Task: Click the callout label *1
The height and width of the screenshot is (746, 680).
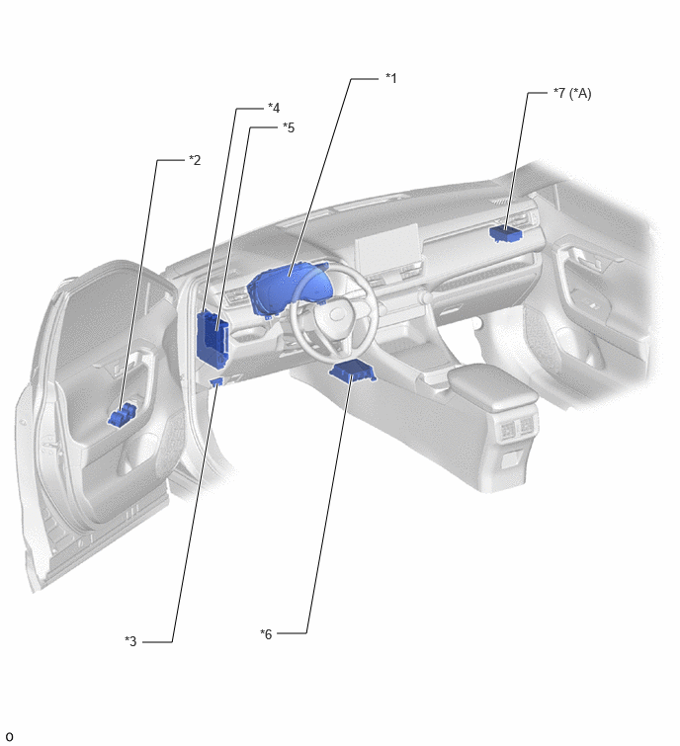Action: [390, 78]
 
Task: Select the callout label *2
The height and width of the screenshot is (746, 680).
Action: [195, 160]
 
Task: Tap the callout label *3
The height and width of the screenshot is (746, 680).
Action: [130, 641]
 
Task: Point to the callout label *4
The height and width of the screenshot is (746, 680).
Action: [274, 108]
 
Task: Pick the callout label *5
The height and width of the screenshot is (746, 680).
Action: [289, 127]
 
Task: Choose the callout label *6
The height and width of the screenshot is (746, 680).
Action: [266, 633]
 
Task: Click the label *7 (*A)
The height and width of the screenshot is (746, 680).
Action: [572, 93]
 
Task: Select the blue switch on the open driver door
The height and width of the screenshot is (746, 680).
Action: [123, 415]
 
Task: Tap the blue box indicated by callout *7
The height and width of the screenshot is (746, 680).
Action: [505, 233]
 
